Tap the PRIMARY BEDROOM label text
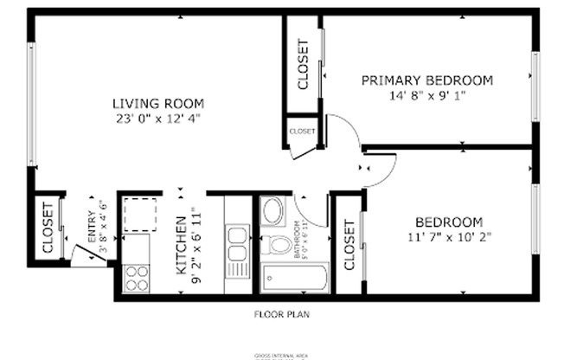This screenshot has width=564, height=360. pos(426,80)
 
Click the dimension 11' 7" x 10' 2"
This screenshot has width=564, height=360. pos(448,235)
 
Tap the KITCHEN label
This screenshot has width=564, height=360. pos(181,245)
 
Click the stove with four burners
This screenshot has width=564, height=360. pos(137,278)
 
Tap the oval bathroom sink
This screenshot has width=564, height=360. pos(273,210)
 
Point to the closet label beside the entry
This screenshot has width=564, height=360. pos(48,228)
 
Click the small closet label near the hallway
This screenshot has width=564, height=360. pos(302,132)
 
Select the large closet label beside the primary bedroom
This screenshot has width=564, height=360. pos(303,65)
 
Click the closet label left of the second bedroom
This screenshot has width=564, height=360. pos(349,246)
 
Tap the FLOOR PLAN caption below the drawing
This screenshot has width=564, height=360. pos(281,315)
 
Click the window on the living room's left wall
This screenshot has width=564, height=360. pos(32,104)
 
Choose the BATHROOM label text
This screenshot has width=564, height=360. pos(297,241)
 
